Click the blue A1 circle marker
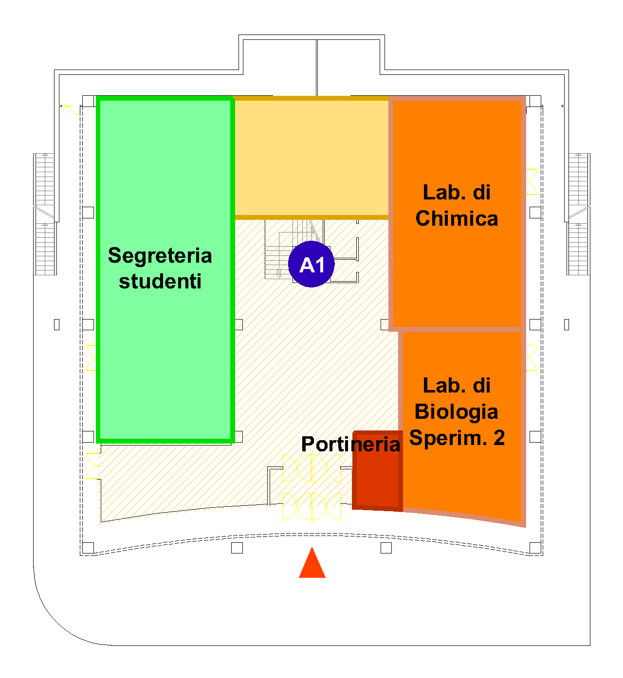point(311,264)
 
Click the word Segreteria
point(160,256)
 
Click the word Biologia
point(456,412)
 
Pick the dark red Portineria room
point(377,470)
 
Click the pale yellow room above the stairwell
point(311,158)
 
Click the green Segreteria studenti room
point(165,270)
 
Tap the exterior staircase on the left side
point(45,214)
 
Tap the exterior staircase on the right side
point(579,214)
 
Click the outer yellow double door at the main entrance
point(311,506)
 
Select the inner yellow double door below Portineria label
point(311,468)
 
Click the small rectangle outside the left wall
point(56,324)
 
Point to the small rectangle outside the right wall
point(567,324)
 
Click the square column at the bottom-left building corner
point(88,548)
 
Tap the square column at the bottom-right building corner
point(535,548)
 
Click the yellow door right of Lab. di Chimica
point(531,182)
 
